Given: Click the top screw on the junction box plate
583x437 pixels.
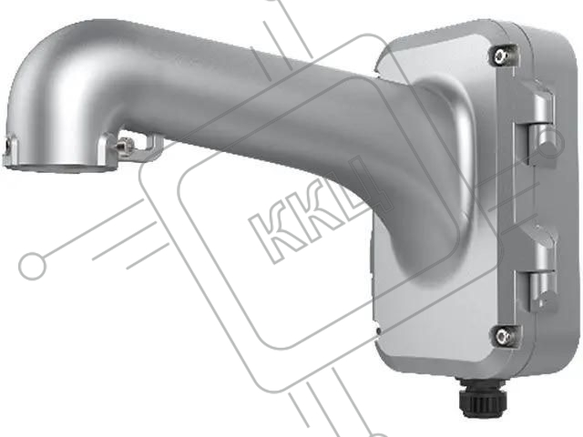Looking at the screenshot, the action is coord(503,56).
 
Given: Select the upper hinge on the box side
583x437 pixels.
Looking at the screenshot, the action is coord(539,123).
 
